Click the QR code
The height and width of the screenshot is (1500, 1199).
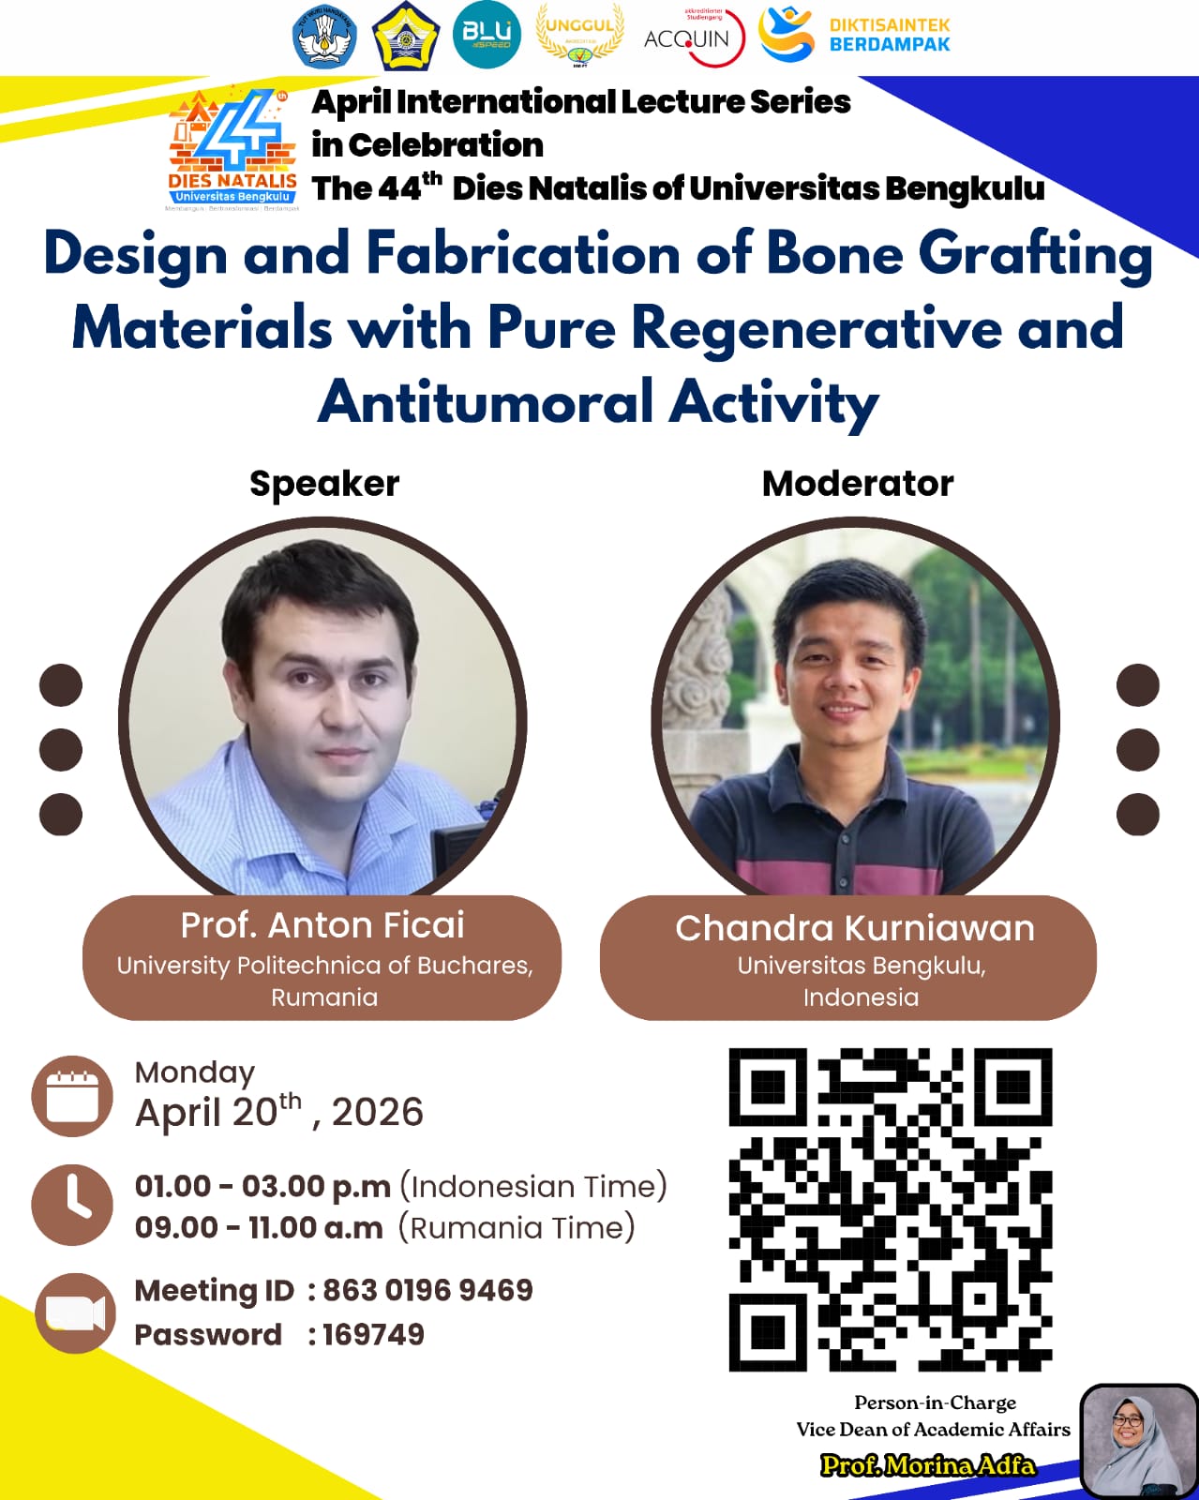point(891,1209)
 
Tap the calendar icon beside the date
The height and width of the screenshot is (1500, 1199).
point(72,1096)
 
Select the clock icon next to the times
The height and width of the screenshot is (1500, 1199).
point(72,1205)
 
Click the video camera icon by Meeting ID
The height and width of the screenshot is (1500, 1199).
point(75,1313)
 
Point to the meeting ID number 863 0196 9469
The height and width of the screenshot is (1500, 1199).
point(427,1291)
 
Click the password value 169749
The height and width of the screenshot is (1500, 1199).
point(373,1335)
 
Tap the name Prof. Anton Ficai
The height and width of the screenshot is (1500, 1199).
point(322,925)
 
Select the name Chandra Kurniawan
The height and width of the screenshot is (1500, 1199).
point(855,928)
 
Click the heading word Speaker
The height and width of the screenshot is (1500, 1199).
point(324,484)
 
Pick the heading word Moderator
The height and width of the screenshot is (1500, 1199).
point(858,484)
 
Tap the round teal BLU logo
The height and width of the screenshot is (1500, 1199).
point(487,35)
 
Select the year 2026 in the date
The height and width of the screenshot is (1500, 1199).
point(378,1113)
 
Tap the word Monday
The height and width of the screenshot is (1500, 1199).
point(195,1072)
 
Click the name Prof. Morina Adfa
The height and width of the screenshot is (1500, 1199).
point(928,1465)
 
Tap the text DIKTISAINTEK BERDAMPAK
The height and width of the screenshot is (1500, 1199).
point(889,35)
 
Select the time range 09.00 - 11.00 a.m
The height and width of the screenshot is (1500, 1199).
point(259,1228)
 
